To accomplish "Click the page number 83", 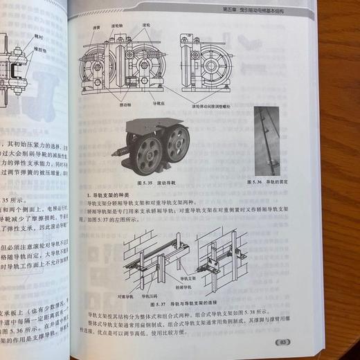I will coord(284,341).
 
